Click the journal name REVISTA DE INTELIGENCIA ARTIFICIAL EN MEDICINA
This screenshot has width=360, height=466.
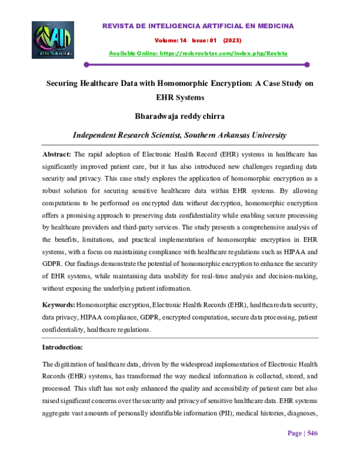click(198, 26)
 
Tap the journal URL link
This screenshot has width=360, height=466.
click(198, 53)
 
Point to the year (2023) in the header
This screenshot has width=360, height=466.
click(232, 41)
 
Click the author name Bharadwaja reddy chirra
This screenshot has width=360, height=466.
click(180, 116)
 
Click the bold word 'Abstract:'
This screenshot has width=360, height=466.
click(57, 154)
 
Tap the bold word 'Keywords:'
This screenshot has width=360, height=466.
click(58, 306)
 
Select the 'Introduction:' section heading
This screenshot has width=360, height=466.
click(62, 347)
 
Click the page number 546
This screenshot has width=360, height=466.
click(313, 450)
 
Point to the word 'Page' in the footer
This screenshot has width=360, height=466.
click(295, 450)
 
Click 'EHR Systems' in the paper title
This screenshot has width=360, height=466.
click(180, 97)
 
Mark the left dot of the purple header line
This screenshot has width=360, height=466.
click(87, 64)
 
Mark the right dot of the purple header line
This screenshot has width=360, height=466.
click(307, 64)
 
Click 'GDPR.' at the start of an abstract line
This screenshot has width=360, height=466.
click(52, 265)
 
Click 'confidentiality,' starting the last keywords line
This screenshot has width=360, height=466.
click(63, 330)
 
